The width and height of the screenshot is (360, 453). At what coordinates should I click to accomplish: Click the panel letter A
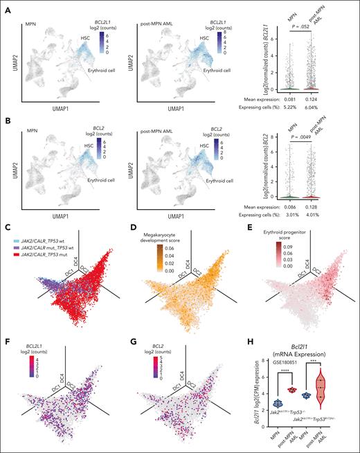pyautogui.click(x=6, y=6)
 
